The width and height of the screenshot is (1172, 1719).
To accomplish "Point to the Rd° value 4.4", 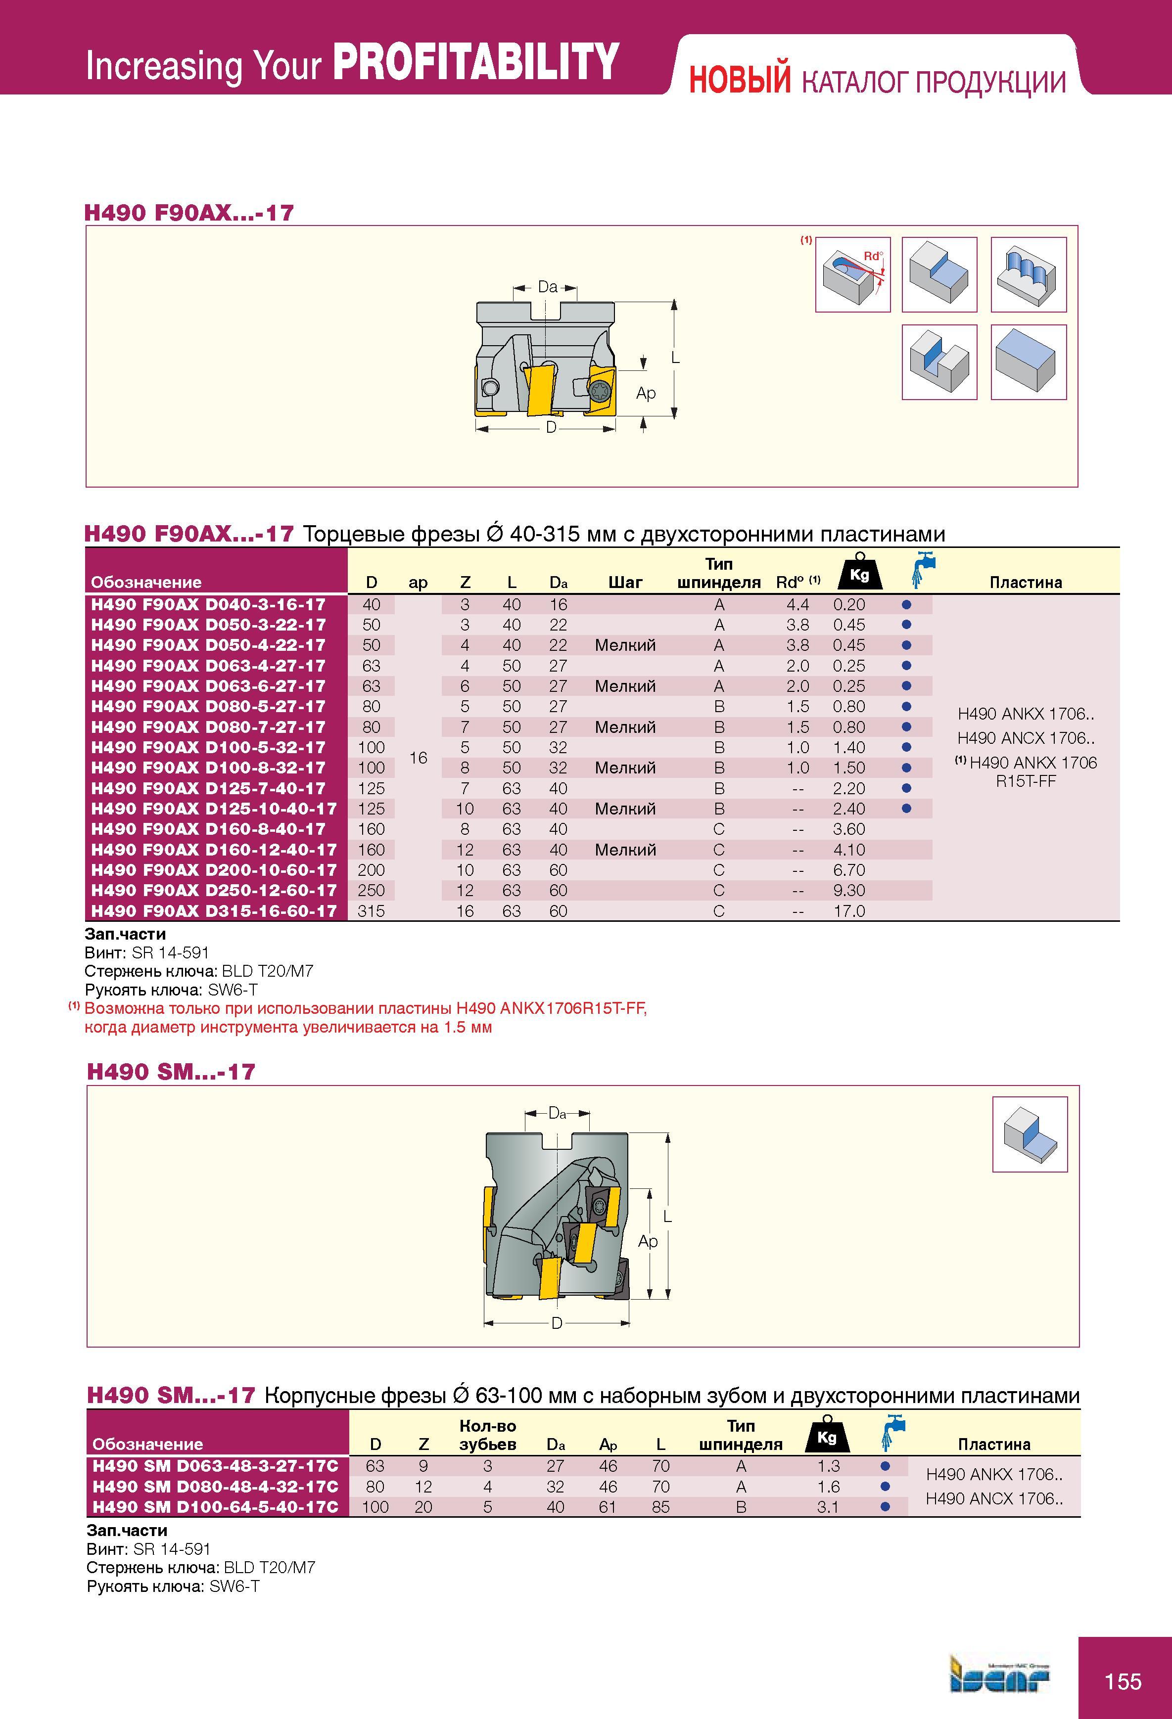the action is pos(797,604).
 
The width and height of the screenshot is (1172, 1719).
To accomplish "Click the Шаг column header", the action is pos(625,582).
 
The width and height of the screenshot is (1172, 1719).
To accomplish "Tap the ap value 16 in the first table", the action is pos(418,758).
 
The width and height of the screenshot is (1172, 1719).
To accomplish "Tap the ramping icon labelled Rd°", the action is pos(853,274).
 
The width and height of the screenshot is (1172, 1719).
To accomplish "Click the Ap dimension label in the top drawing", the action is pos(646,393).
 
